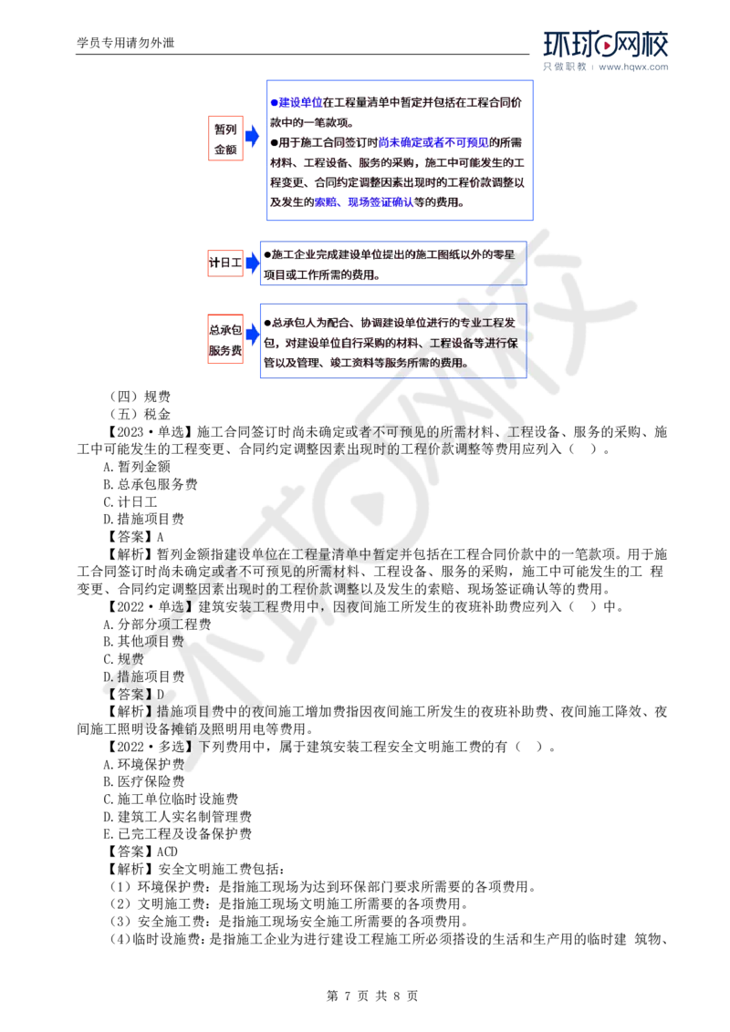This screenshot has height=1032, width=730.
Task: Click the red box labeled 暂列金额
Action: pos(225,139)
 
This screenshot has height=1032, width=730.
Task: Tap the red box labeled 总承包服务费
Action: pos(224,338)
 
